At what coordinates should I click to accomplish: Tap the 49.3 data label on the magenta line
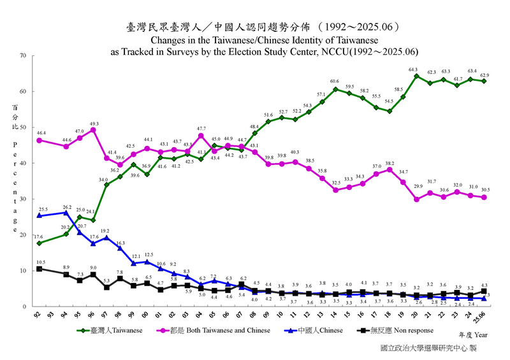coord(94,124)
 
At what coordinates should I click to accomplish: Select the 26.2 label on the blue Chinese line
coord(66,207)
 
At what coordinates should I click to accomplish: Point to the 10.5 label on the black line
coord(40,262)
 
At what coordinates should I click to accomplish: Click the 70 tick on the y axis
coord(22,55)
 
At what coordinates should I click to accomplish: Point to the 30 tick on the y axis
coord(22,199)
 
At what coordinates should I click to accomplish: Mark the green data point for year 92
coord(40,243)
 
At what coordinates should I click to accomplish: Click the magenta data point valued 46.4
coord(40,140)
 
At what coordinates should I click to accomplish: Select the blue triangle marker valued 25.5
coord(40,215)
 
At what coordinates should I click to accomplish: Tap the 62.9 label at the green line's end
coord(484,75)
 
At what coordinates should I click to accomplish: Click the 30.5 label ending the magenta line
coord(484,190)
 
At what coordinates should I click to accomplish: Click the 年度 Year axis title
coord(473,335)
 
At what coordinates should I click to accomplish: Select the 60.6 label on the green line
coord(335,82)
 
